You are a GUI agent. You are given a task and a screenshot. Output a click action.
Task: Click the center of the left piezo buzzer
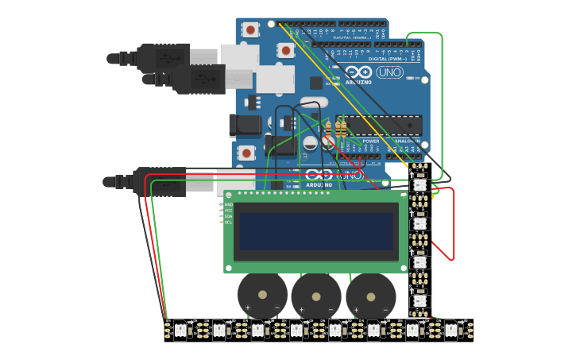coord(262,295)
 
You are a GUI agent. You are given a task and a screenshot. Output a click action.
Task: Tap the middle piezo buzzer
coord(316,296)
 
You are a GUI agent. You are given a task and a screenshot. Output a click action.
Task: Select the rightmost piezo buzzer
coord(370,296)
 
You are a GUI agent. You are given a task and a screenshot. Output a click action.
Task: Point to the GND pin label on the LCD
coord(229,204)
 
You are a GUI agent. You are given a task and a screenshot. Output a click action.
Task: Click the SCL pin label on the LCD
coord(229,223)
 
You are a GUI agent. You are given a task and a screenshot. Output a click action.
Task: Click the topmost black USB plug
coord(162,57)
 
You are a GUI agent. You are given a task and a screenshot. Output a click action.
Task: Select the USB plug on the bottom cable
coord(159,182)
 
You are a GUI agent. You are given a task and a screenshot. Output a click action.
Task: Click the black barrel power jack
coord(245,125)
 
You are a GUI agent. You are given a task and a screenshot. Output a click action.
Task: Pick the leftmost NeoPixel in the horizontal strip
coord(180,330)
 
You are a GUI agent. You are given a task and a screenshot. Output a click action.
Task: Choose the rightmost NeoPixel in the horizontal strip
coord(451,330)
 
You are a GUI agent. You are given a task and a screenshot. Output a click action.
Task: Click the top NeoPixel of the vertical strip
coord(419,184)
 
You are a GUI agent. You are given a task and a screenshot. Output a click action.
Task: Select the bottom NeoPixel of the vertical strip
coord(419,301)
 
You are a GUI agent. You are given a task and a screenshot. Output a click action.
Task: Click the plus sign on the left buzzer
coord(247,308)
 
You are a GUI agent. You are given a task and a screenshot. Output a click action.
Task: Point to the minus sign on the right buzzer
coord(385,308)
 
